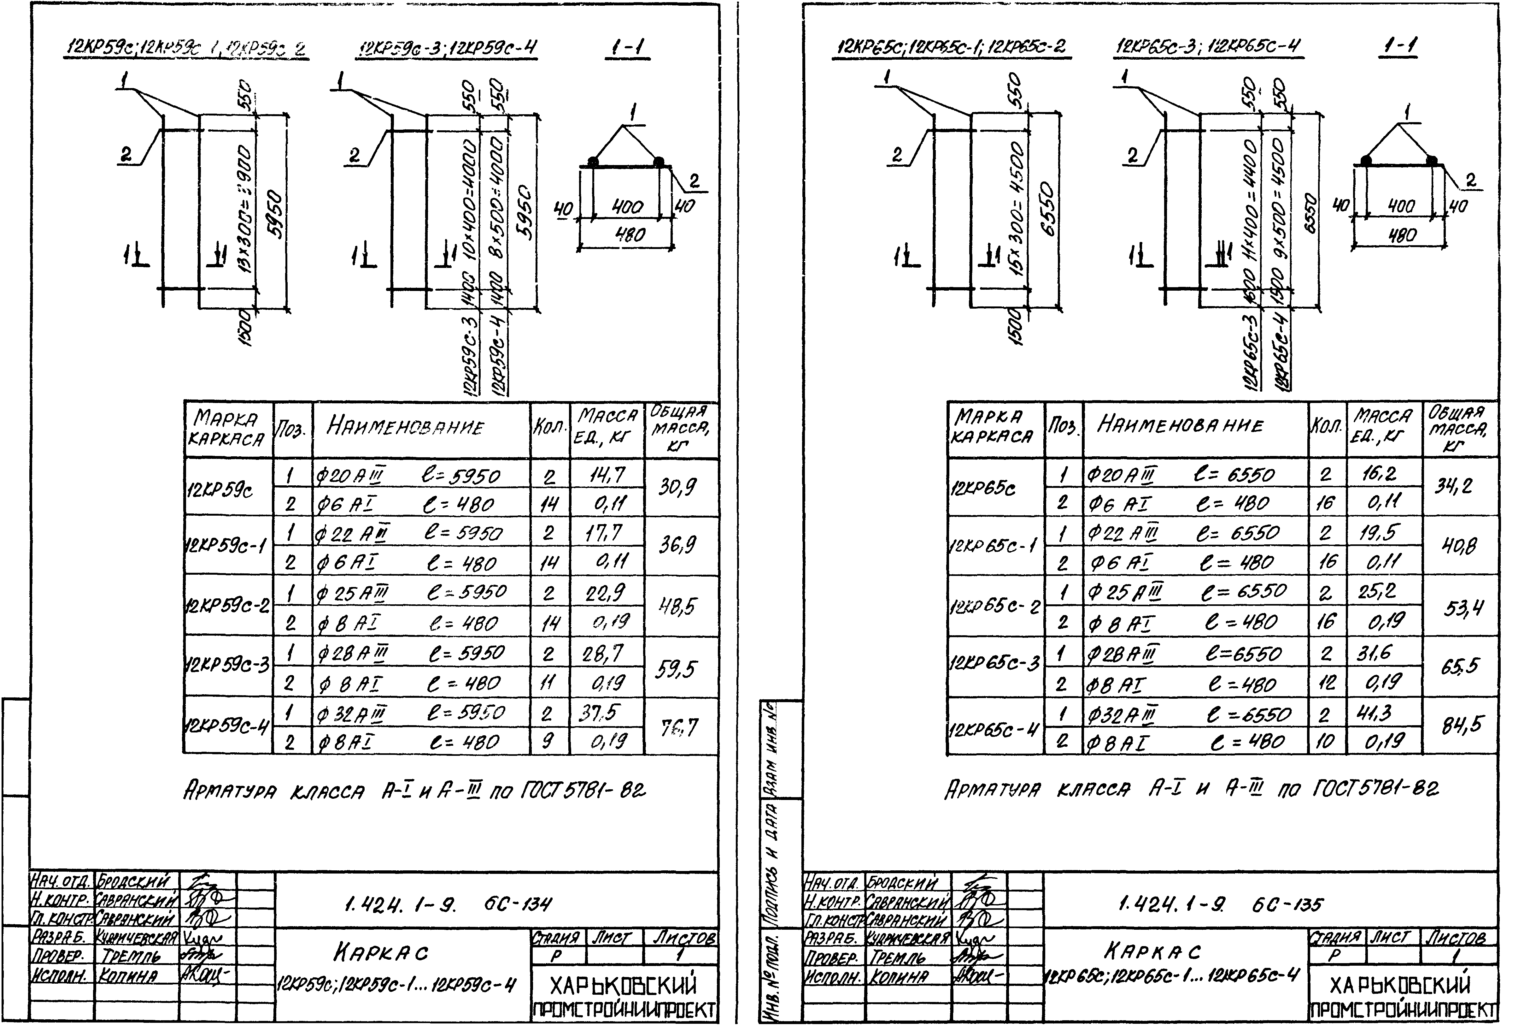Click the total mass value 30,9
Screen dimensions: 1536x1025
click(x=677, y=487)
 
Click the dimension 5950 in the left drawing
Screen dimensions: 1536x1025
click(x=275, y=214)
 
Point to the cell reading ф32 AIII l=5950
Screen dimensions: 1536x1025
click(x=410, y=713)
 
